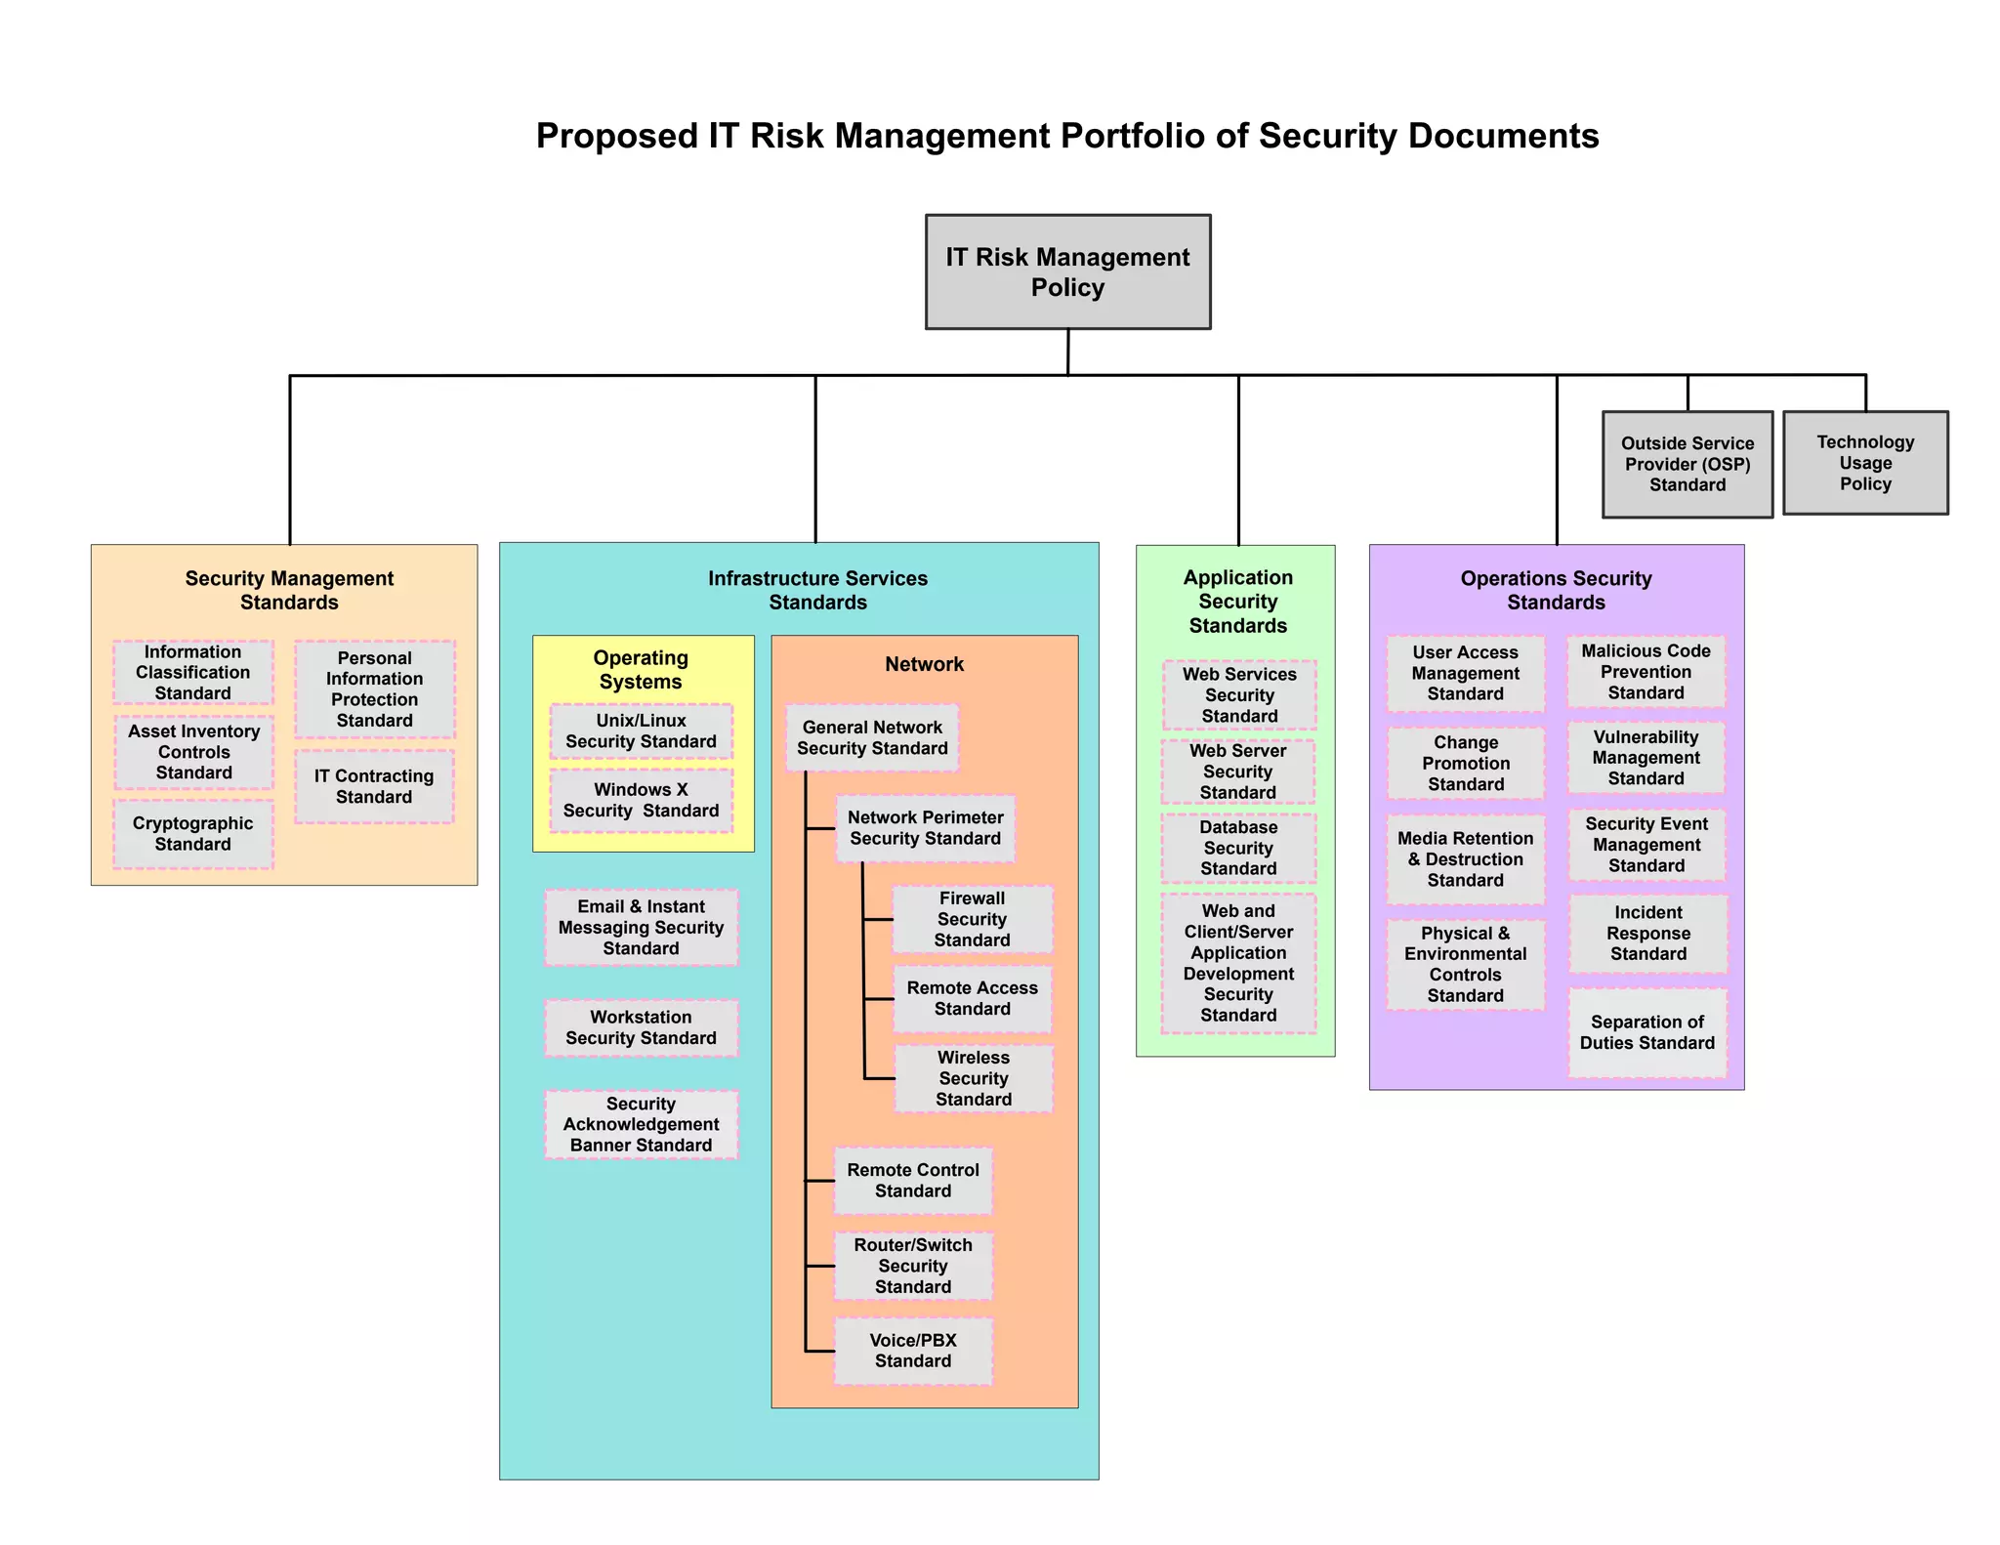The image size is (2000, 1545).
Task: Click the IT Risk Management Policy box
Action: coord(1067,271)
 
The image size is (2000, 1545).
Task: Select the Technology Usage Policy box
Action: coord(1865,463)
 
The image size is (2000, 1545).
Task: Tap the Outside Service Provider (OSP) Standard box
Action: coord(1687,464)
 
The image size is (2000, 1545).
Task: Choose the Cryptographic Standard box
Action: coord(193,834)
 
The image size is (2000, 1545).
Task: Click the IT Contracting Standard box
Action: coord(374,786)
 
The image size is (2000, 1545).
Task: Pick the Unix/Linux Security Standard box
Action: coord(641,731)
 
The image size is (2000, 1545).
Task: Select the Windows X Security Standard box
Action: coord(641,801)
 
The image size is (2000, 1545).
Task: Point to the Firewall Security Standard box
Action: coord(973,919)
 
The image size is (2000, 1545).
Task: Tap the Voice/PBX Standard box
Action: coord(913,1351)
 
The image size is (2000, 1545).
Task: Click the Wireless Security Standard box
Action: coord(974,1078)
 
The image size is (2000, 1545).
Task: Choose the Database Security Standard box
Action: coord(1238,848)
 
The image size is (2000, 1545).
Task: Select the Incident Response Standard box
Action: coord(1648,934)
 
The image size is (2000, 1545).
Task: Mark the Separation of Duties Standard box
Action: coord(1647,1032)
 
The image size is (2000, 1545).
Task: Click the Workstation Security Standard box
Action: coord(641,1027)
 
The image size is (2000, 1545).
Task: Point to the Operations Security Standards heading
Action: coord(1556,590)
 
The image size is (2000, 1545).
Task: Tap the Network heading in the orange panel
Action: coord(924,664)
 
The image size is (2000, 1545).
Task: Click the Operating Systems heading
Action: coord(641,670)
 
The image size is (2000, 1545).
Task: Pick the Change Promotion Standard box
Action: coord(1466,764)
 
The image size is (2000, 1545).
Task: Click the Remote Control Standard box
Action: coord(913,1181)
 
